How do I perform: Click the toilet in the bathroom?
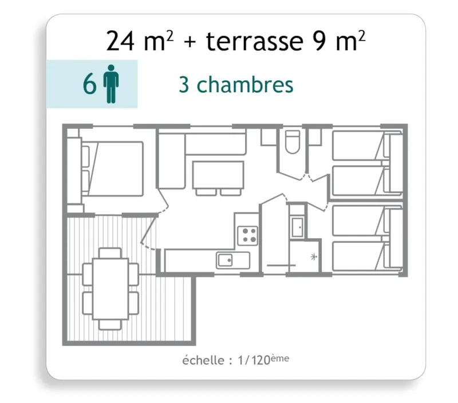[x=292, y=141]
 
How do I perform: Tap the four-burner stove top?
[x=247, y=234]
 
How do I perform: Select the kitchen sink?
[x=226, y=260]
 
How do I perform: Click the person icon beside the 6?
[x=111, y=85]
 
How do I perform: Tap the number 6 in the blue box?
[x=89, y=85]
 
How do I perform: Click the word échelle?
[x=203, y=361]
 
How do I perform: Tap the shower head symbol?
[x=313, y=256]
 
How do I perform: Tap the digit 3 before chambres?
[x=184, y=85]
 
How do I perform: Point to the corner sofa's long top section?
[x=215, y=144]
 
